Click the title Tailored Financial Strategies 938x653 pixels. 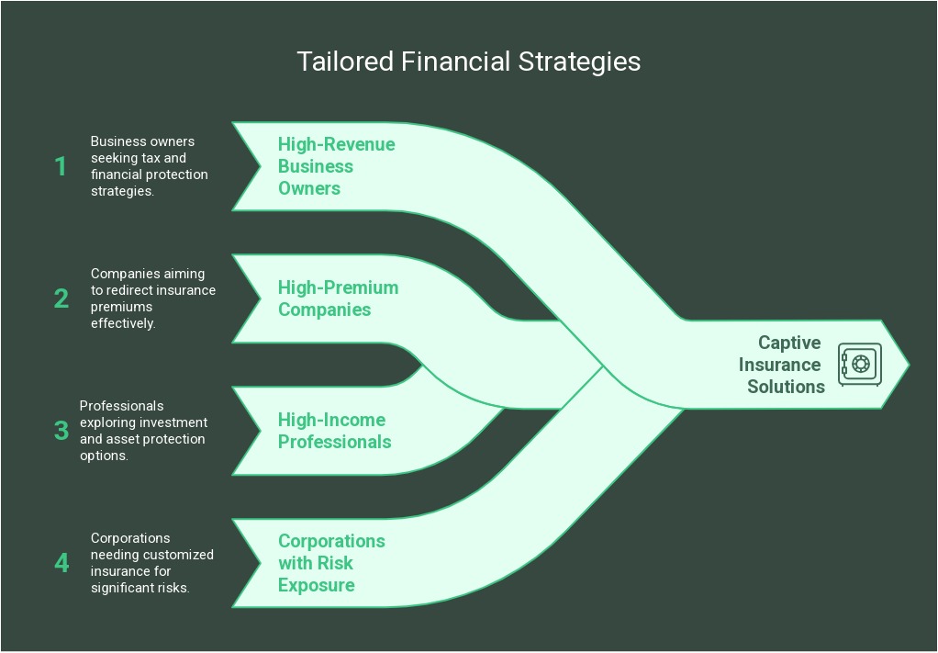click(468, 62)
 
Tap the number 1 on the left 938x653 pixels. click(61, 166)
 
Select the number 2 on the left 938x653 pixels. click(61, 298)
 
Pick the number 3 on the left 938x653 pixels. click(61, 430)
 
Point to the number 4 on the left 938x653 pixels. click(61, 562)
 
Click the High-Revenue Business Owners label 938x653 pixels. click(336, 166)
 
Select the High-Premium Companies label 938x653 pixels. click(338, 298)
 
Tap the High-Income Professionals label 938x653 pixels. click(334, 431)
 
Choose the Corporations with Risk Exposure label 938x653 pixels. click(331, 563)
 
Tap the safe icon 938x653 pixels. click(860, 364)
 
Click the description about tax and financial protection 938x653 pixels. click(149, 166)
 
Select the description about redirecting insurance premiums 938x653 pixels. click(152, 298)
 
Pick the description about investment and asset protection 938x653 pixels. click(143, 430)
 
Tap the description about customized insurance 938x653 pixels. click(151, 562)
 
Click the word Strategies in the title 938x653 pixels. click(580, 62)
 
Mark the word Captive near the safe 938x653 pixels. click(789, 343)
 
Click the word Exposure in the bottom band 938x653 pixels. click(316, 585)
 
